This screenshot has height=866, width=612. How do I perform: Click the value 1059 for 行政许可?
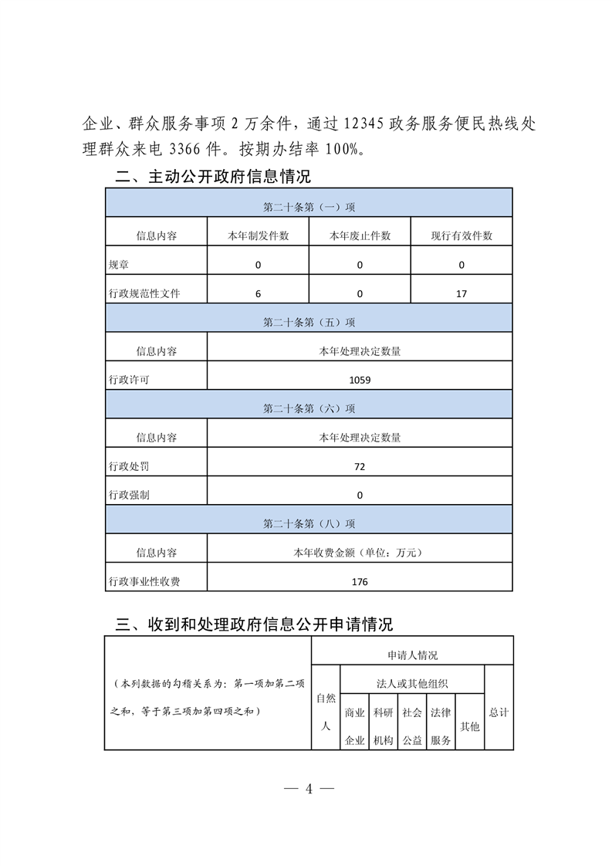[360, 380]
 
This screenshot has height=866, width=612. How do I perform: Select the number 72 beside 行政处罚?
[360, 466]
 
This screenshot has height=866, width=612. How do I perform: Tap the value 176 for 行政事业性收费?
[360, 581]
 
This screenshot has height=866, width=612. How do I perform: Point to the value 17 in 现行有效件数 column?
[462, 293]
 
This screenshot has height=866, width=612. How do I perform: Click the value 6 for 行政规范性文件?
[258, 293]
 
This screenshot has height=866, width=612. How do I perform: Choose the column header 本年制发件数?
[258, 235]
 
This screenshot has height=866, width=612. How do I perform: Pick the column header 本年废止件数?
[360, 235]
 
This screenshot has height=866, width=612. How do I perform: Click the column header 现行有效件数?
[462, 235]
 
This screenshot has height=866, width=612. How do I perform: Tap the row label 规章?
[119, 265]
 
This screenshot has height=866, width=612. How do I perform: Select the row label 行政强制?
[130, 495]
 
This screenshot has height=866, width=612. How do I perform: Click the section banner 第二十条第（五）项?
[309, 322]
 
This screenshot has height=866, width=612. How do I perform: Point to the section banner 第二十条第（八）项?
[309, 523]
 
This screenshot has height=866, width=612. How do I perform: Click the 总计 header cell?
[499, 712]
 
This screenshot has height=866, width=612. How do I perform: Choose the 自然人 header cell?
[325, 712]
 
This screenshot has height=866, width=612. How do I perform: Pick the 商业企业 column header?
[354, 726]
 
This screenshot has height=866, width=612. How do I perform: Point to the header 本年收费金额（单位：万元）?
[360, 553]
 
